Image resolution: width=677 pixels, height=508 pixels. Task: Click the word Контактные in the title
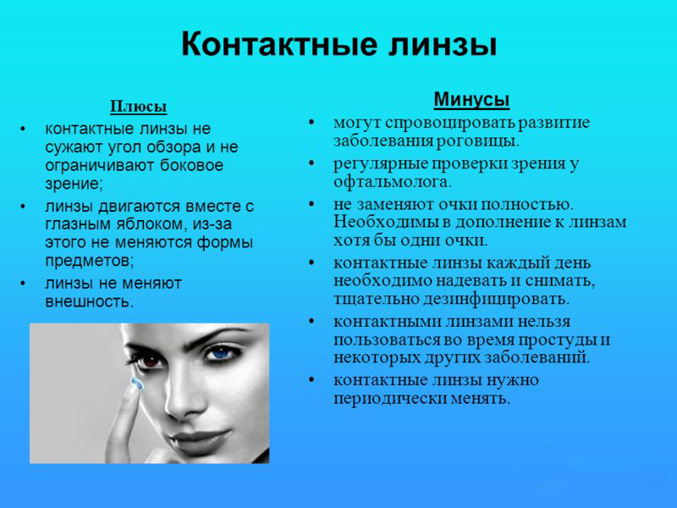(278, 44)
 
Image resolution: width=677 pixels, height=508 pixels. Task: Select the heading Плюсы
(139, 107)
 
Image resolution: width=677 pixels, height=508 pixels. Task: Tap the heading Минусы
(471, 100)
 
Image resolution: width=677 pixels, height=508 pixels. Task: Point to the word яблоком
(151, 224)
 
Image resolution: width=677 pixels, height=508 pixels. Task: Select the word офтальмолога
(392, 181)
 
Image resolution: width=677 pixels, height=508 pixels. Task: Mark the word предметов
(89, 261)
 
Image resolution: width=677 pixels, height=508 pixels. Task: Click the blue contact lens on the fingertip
(137, 383)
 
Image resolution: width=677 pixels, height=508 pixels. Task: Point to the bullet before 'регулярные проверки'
(312, 164)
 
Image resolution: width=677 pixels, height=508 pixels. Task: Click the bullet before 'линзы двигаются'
(24, 207)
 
